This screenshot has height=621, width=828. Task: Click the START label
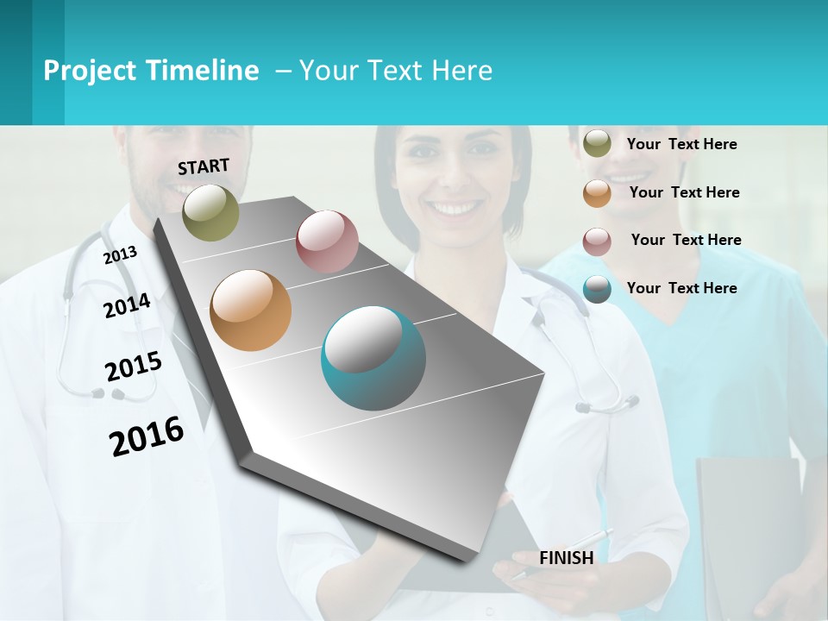click(x=204, y=166)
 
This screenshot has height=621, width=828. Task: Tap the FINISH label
click(x=567, y=558)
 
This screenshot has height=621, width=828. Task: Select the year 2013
click(x=120, y=254)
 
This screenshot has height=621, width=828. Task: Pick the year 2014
click(x=127, y=305)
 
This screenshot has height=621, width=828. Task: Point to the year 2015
click(x=134, y=366)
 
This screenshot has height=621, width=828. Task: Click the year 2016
click(x=147, y=436)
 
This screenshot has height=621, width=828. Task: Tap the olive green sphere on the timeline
click(x=210, y=212)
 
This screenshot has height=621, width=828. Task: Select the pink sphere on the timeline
click(x=327, y=241)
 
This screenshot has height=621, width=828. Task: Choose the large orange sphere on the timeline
click(x=250, y=310)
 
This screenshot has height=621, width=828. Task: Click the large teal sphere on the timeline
click(x=373, y=358)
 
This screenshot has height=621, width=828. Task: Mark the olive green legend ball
click(x=597, y=144)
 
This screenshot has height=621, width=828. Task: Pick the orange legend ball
click(x=597, y=193)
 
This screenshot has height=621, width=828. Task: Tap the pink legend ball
click(x=597, y=241)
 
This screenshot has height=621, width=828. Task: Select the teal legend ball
click(x=597, y=289)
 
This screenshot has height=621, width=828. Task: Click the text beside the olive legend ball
click(x=681, y=144)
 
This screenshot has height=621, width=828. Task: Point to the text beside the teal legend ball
click(x=681, y=288)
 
